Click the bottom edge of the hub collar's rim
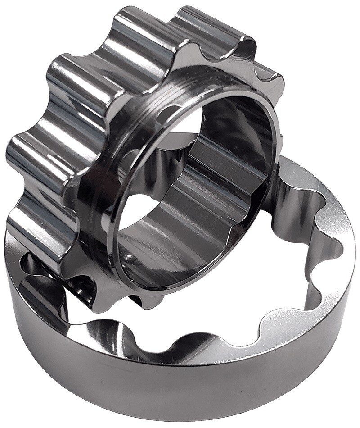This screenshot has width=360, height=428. coord(180,288)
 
